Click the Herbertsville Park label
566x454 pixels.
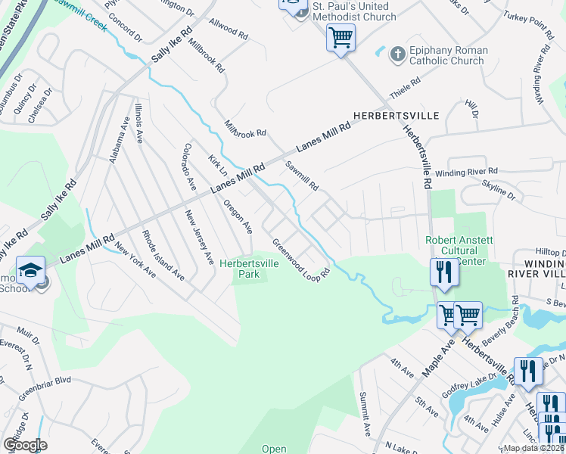(250, 269)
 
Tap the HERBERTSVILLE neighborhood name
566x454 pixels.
(396, 115)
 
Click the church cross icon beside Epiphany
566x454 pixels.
(397, 54)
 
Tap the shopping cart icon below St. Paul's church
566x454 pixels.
(341, 37)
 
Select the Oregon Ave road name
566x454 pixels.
(238, 216)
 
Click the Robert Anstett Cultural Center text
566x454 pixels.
(458, 250)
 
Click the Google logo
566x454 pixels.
(25, 444)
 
